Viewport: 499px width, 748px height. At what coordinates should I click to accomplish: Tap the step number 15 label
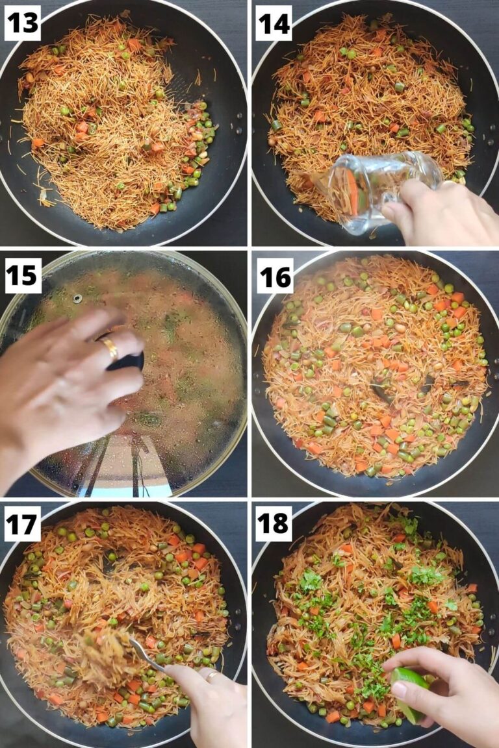pos(23,275)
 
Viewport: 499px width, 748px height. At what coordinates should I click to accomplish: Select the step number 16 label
pos(273,275)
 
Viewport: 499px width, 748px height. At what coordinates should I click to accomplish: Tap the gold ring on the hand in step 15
pos(110,349)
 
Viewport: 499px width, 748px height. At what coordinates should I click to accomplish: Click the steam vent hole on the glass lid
pos(77,299)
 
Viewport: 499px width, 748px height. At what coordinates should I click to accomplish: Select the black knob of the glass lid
pos(127,360)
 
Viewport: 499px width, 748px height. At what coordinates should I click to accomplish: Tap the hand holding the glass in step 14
pos(442,211)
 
